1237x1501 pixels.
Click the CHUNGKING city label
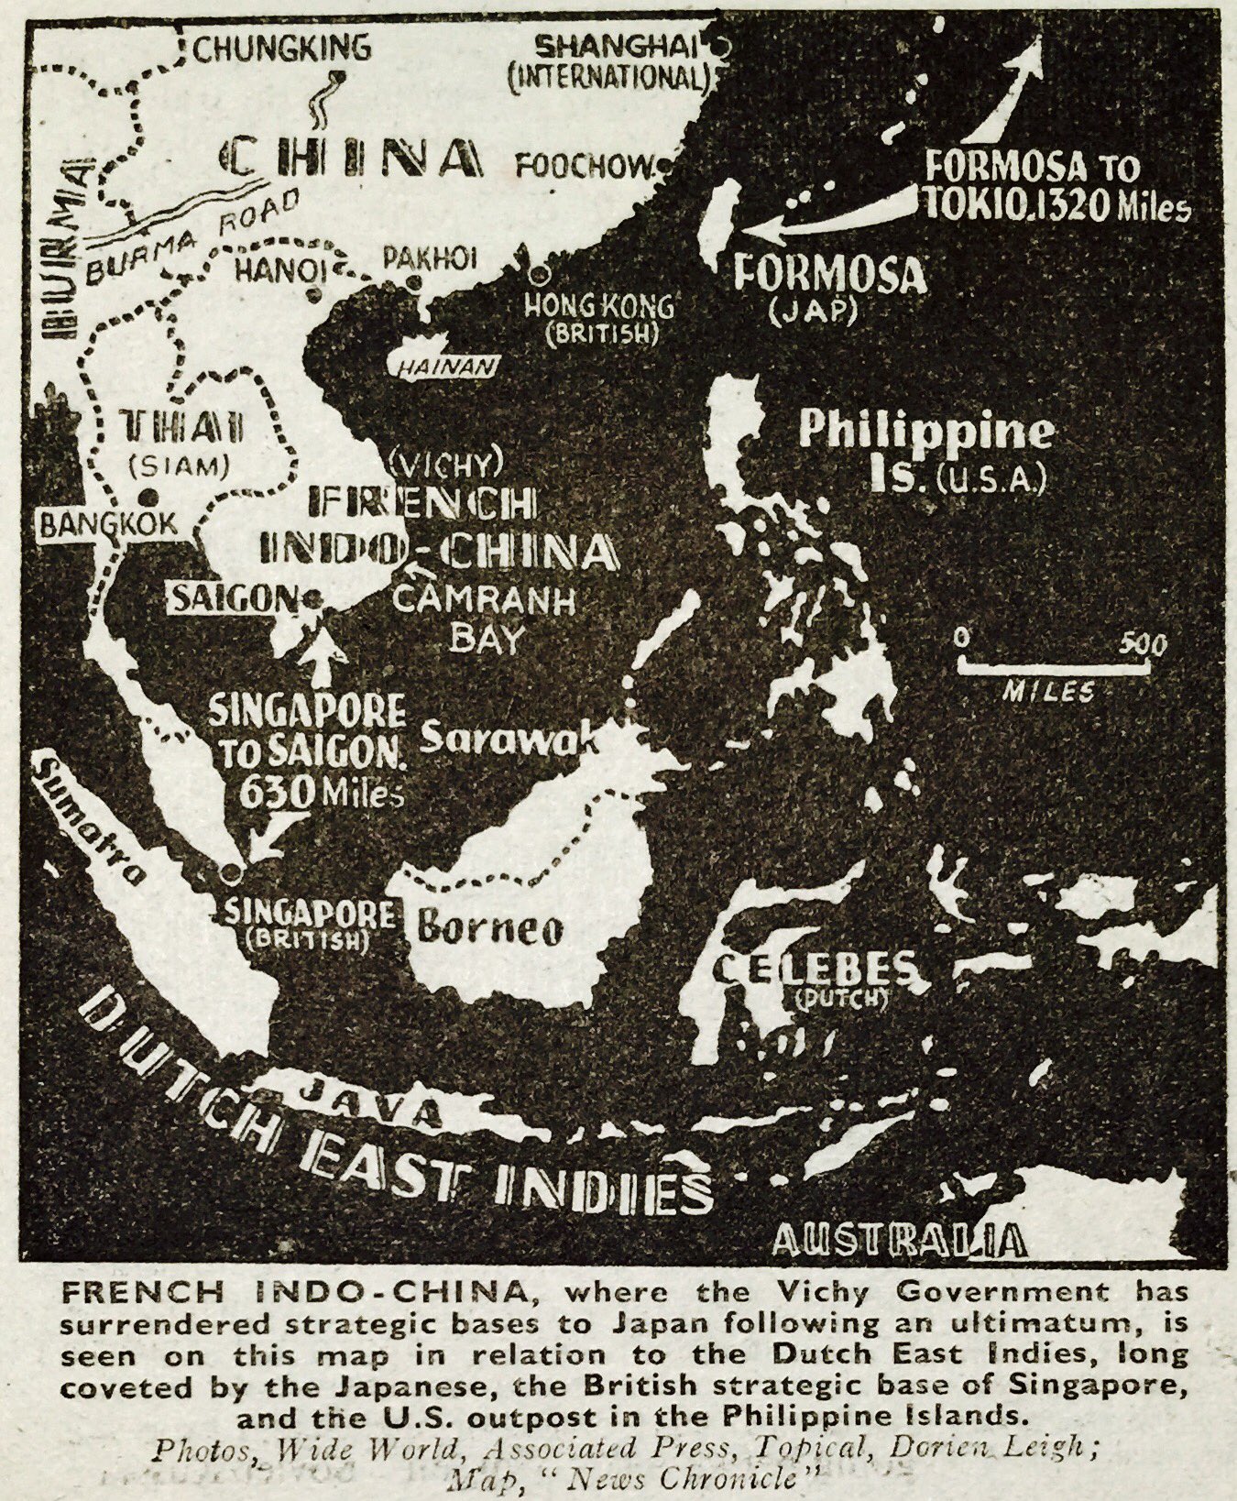pos(281,47)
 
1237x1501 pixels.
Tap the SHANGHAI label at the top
pos(613,46)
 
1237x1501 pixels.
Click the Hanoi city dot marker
pos(313,295)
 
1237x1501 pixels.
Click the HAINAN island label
pos(444,367)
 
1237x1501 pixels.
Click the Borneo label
pos(490,929)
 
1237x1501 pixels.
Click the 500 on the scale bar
pos(1143,645)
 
